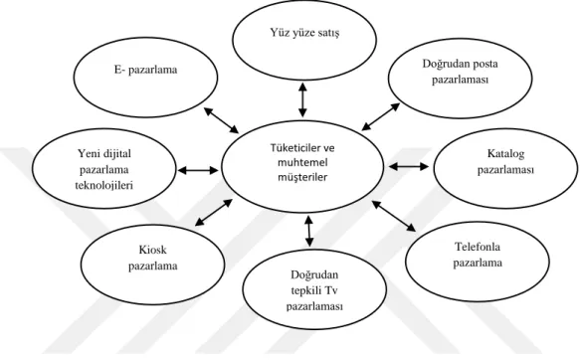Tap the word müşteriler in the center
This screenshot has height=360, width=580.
(302, 177)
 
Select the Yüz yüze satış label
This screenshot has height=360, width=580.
(304, 33)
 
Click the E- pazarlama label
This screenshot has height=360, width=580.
(145, 70)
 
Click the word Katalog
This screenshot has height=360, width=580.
(505, 153)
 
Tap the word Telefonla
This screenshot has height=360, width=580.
(478, 247)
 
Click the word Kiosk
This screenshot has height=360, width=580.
(153, 250)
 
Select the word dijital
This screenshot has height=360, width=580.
(116, 154)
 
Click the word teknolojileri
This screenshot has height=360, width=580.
(103, 186)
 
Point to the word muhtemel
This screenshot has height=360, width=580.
(302, 163)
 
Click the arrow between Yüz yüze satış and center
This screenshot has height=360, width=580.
(303, 99)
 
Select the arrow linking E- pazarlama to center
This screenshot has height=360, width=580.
(222, 120)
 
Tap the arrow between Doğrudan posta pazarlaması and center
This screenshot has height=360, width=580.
(381, 116)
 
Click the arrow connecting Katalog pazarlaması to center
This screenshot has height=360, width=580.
(409, 167)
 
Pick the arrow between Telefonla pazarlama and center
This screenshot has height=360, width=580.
(394, 216)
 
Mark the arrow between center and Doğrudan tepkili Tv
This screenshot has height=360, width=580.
(309, 231)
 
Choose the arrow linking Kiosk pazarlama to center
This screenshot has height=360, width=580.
(214, 212)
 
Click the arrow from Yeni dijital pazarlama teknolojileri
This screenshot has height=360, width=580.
(198, 170)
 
